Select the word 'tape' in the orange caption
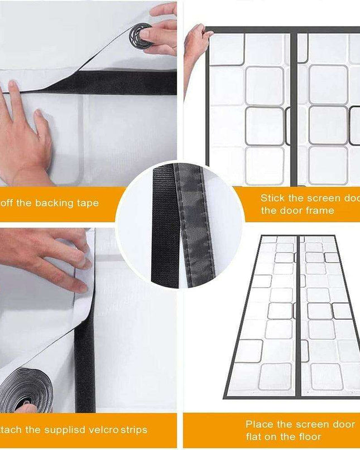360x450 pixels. click(87, 203)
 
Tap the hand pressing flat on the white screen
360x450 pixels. click(25, 142)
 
